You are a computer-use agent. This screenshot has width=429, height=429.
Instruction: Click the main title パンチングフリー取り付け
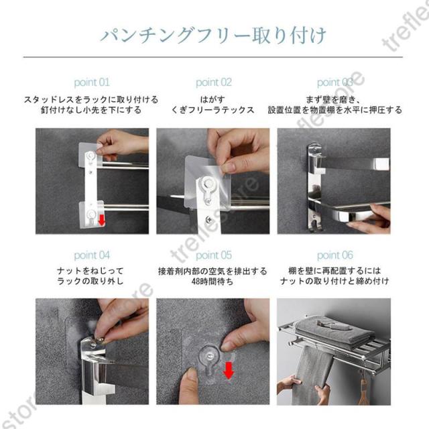(213, 36)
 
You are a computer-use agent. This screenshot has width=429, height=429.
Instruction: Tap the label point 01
(92, 82)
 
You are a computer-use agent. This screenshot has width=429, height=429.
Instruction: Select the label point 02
(214, 82)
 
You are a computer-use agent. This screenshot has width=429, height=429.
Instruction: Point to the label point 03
(335, 82)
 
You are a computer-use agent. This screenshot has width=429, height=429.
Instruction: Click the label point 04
(92, 255)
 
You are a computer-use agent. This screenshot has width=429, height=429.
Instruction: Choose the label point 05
(214, 255)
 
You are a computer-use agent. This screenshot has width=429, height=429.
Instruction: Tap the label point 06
(335, 255)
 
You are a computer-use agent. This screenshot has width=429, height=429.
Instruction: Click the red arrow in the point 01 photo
(101, 221)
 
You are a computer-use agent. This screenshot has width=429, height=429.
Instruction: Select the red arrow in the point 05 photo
(229, 371)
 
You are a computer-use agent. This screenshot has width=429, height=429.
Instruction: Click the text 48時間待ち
(212, 282)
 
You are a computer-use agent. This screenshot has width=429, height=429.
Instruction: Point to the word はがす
(212, 99)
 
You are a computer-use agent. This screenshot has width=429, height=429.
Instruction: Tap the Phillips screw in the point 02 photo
(208, 219)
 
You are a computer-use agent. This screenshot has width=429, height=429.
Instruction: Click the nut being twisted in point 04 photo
(101, 341)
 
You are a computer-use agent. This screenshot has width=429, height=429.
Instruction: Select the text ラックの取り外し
(90, 281)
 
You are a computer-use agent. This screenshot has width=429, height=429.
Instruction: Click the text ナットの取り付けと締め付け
(334, 281)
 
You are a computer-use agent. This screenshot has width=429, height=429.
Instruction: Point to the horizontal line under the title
(213, 57)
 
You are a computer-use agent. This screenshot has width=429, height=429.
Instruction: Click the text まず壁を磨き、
(333, 99)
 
